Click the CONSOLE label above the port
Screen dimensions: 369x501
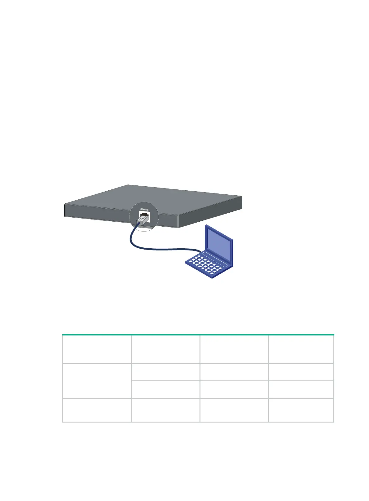[144, 210]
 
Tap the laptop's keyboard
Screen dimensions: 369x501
[204, 265]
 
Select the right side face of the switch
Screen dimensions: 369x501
[211, 214]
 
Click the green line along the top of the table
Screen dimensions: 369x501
[198, 335]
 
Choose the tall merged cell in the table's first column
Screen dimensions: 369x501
[97, 380]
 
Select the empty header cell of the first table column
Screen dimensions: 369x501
[97, 349]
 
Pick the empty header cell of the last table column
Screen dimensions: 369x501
[301, 349]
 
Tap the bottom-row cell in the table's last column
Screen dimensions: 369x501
[301, 410]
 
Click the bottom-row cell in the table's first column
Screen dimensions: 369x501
[97, 410]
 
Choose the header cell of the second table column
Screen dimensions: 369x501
[165, 349]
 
